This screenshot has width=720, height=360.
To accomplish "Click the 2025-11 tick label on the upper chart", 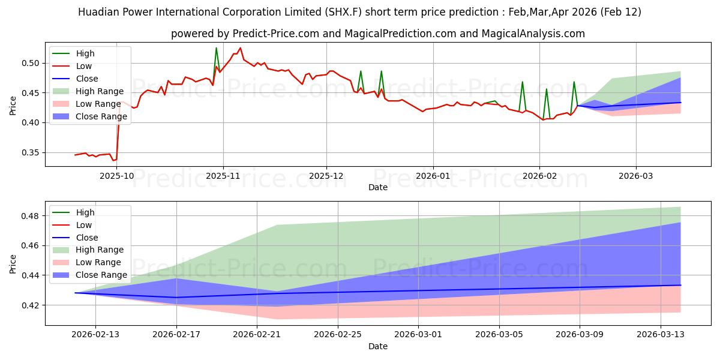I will coord(223,176).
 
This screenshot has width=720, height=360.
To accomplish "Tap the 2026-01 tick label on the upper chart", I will coord(433,176).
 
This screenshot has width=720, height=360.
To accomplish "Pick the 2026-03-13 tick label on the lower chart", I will coord(660,334).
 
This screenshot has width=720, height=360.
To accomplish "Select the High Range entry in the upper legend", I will coord(100,91).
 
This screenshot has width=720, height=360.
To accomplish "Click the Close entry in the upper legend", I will coord(87,79).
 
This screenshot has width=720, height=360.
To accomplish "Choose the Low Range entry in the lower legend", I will coord(98,262).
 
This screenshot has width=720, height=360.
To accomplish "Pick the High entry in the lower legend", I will coord(85,212).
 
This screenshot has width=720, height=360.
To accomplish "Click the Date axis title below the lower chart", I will coord(377,346).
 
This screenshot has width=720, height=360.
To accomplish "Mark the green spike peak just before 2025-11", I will coord(216,48).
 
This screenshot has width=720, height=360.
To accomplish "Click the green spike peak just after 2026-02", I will coord(546,89).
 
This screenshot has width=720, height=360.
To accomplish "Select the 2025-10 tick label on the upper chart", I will coord(117,176).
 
